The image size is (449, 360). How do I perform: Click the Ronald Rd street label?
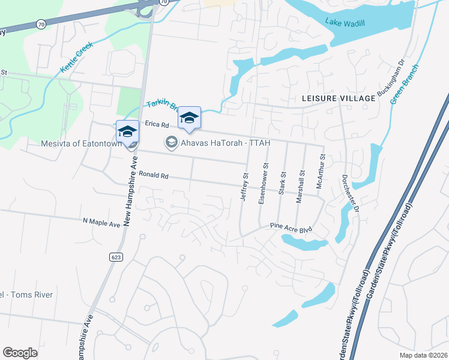tap(154, 176)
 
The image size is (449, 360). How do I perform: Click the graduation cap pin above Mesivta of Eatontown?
tap(127, 131)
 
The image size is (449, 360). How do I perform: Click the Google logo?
tap(20, 353)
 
